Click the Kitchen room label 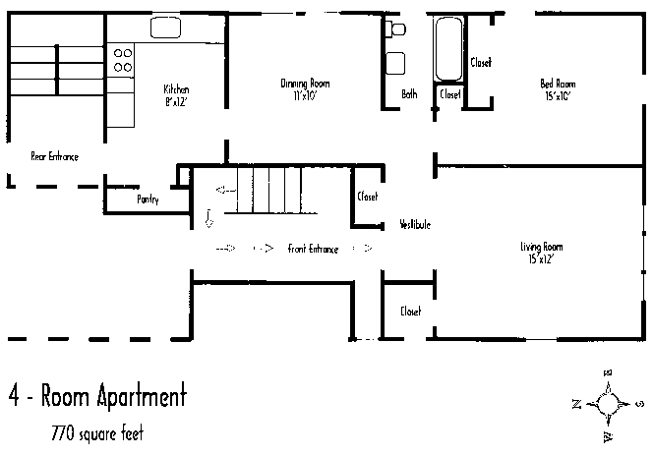click(176, 88)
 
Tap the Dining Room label click(305, 85)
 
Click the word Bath click(409, 94)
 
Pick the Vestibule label click(415, 224)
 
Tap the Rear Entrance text click(54, 156)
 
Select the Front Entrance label click(313, 250)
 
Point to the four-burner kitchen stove click(123, 60)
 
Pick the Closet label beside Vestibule click(368, 196)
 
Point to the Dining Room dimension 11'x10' click(305, 95)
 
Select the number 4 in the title click(16, 398)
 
